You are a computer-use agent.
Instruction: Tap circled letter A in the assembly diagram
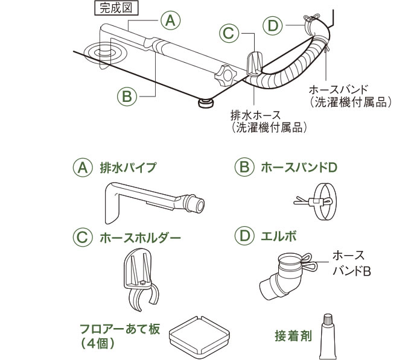(x=170, y=20)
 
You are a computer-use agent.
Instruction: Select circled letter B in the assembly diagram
(x=126, y=95)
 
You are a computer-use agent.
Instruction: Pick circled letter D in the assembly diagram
(x=273, y=25)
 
